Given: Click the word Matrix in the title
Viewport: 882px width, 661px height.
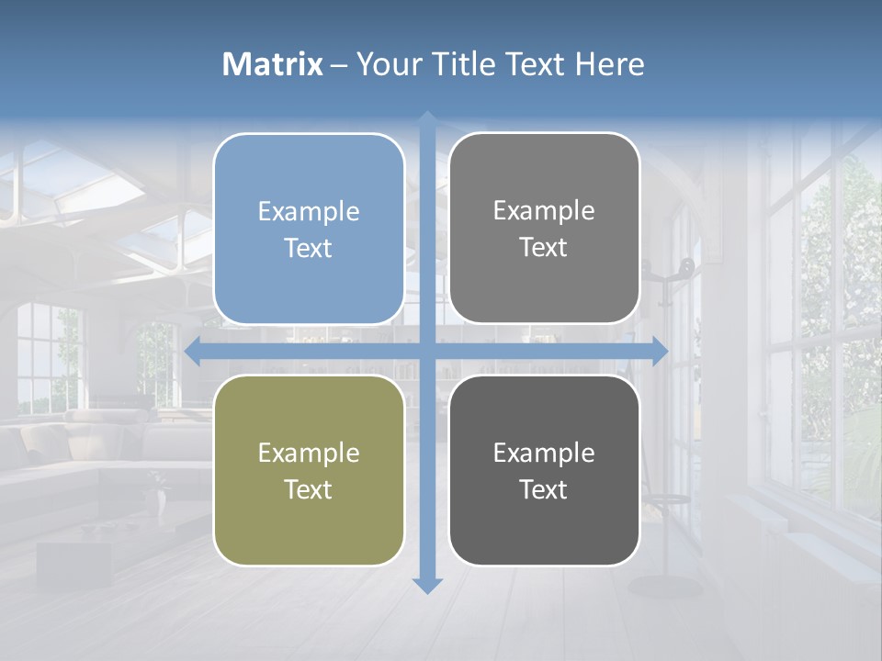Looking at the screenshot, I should click(x=273, y=64).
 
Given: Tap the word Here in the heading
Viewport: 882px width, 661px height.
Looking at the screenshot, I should click(x=610, y=64).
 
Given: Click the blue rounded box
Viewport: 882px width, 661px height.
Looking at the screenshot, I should click(x=309, y=229).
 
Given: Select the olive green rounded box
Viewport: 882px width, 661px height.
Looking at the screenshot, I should click(x=309, y=470).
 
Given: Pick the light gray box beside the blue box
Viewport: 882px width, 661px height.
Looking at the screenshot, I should click(x=544, y=229).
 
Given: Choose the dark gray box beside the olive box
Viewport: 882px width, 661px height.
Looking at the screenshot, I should click(x=544, y=470).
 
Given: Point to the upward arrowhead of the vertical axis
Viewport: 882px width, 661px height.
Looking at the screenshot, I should click(x=427, y=119).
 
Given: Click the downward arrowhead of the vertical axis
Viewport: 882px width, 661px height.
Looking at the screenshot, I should click(x=427, y=585).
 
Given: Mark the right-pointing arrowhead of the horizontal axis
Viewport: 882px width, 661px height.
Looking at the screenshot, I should click(x=659, y=350).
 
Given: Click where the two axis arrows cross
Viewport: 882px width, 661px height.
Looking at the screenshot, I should click(x=427, y=350).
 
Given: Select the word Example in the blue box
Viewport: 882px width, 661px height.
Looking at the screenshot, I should click(x=309, y=212).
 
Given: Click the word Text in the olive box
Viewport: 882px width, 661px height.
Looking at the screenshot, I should click(x=309, y=490).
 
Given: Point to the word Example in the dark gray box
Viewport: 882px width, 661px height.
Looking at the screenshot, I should click(x=544, y=453).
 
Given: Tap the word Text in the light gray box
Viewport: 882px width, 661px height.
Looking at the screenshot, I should click(x=544, y=248).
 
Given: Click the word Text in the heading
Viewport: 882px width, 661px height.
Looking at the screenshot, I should click(x=537, y=64).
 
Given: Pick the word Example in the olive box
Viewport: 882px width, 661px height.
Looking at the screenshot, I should click(x=309, y=453).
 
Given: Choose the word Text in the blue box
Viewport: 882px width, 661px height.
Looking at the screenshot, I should click(x=309, y=249).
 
